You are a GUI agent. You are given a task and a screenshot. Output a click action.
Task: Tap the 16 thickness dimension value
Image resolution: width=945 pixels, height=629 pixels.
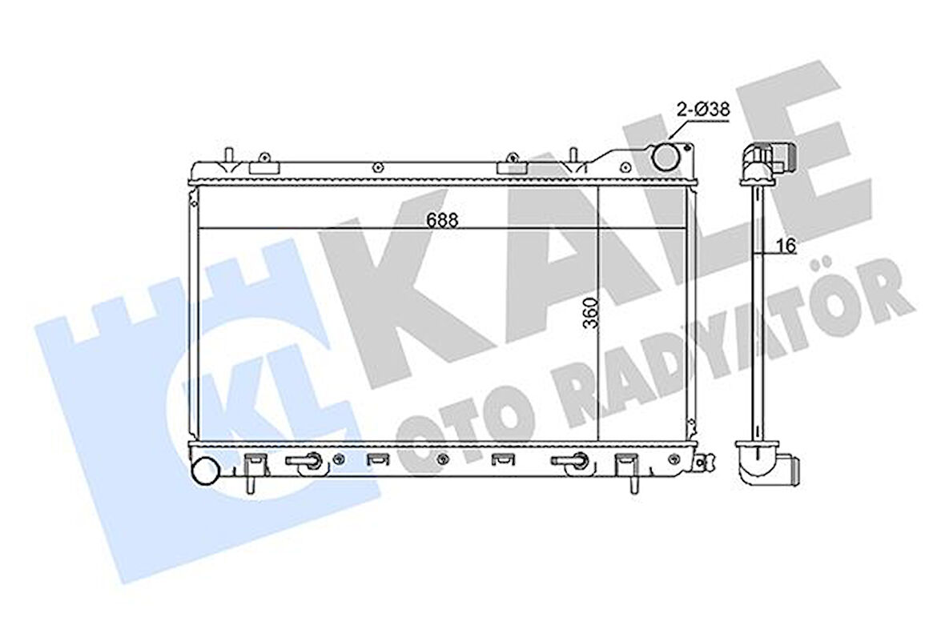(x=787, y=246)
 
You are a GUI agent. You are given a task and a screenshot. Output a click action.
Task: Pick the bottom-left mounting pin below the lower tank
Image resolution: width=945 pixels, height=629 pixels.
(x=250, y=487)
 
